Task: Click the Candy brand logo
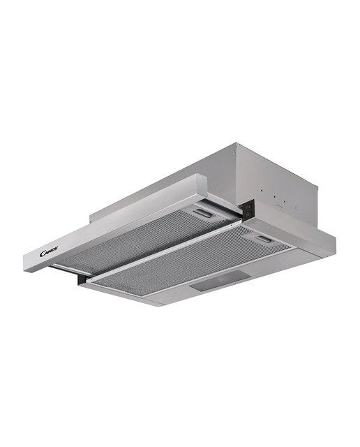[x=49, y=251]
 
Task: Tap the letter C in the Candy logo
[x=42, y=254]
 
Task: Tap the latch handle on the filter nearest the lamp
[x=264, y=239]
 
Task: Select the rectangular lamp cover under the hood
[x=221, y=281]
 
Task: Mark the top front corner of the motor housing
[x=237, y=142]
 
